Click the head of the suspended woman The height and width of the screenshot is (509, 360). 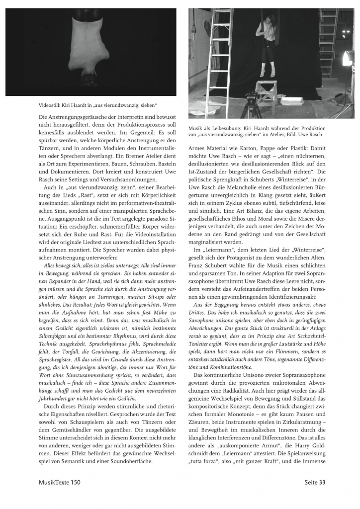coord(266,17)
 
